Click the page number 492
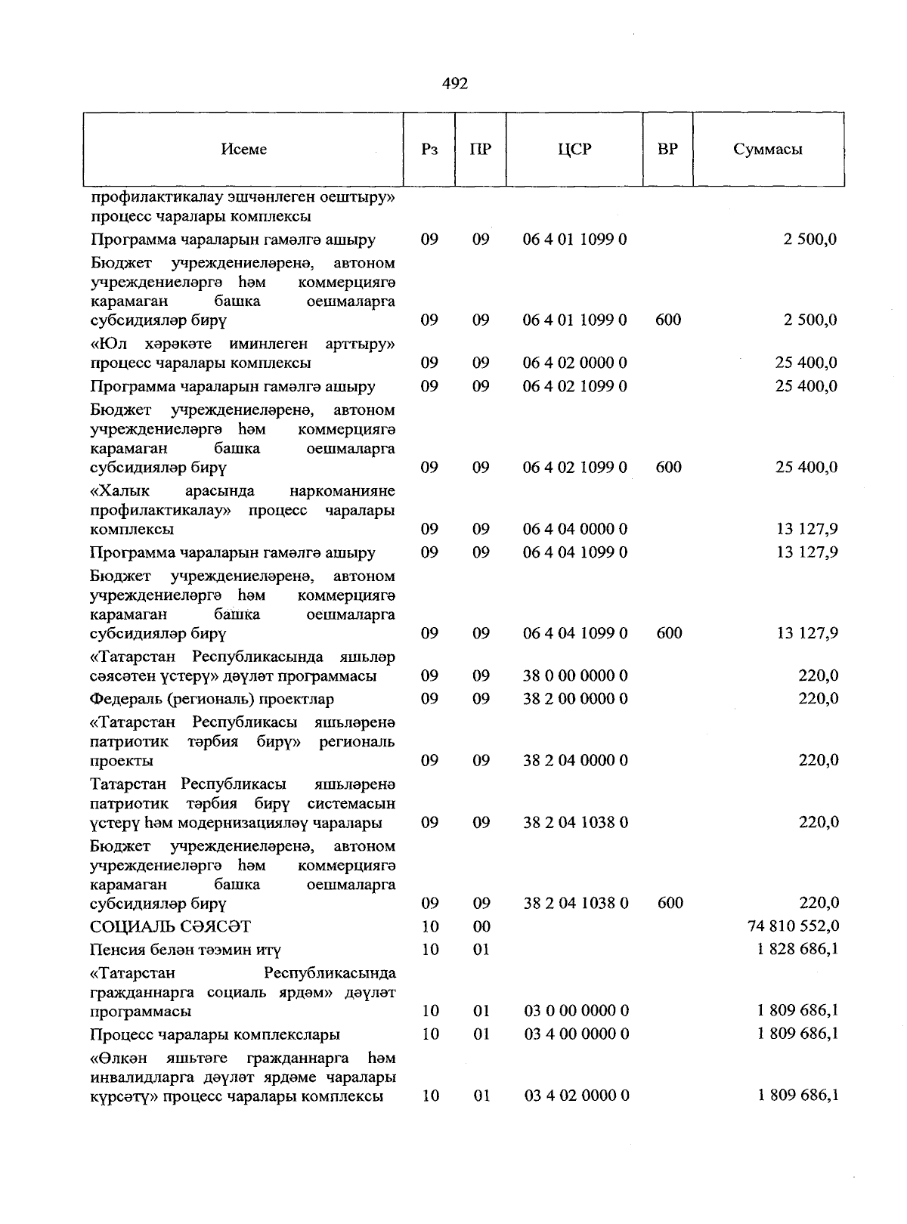(x=455, y=84)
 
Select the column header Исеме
(x=244, y=150)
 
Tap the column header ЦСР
(x=574, y=150)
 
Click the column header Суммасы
(x=767, y=150)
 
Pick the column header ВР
(x=667, y=150)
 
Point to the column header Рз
(x=429, y=150)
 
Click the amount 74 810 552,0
(x=793, y=926)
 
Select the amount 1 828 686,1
(x=797, y=949)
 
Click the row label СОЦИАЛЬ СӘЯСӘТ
(x=171, y=926)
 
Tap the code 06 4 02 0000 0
(x=574, y=363)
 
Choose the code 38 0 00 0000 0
(x=575, y=675)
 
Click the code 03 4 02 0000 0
(x=576, y=1096)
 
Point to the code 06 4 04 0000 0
(x=574, y=529)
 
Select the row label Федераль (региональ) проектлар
(x=212, y=699)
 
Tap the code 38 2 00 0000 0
(x=575, y=698)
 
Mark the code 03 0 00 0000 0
(x=576, y=1011)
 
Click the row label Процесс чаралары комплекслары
(x=215, y=1034)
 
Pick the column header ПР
(x=480, y=150)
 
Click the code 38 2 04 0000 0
(x=575, y=760)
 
